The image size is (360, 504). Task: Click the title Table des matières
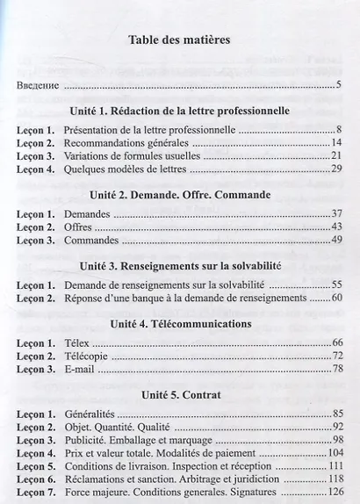coord(179,40)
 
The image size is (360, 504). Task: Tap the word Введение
coord(38,86)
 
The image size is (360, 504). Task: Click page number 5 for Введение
coord(338,86)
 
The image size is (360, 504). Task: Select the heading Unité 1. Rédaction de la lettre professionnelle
coord(179,112)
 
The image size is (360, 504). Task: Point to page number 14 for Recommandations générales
coord(336,142)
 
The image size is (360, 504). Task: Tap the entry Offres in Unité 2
coord(79,227)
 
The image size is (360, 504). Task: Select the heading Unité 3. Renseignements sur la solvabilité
coord(179,266)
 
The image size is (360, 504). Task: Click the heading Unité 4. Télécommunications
coord(179,324)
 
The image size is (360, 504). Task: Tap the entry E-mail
coord(81,369)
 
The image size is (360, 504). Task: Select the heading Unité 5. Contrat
coord(179,395)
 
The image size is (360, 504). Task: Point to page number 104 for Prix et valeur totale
coord(334,453)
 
